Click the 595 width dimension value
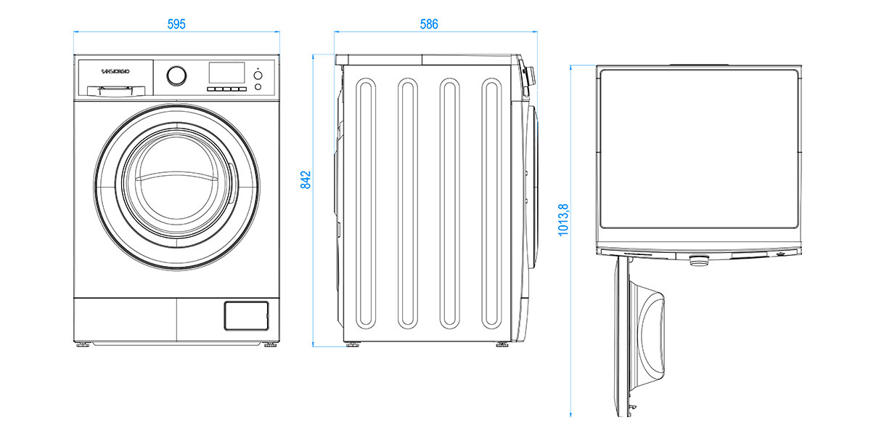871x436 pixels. point(176,24)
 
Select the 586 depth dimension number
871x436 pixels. point(429,24)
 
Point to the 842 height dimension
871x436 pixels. point(306,180)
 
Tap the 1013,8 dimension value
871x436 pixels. point(563,219)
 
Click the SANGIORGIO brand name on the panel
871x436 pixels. point(115,72)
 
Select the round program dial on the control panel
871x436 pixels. point(176,76)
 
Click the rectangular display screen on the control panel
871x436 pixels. point(226,73)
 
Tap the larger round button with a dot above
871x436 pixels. point(258,75)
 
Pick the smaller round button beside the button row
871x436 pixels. point(258,86)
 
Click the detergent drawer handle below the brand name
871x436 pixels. point(116,91)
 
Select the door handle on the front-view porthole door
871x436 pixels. point(232,183)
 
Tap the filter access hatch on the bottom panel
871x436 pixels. point(246,315)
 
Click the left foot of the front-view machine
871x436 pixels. point(83,344)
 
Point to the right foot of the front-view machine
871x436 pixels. point(270,344)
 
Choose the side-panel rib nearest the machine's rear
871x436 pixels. point(366,203)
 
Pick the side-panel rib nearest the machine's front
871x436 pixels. point(491,203)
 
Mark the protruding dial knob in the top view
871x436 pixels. point(699,260)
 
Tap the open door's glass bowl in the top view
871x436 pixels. point(646,336)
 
